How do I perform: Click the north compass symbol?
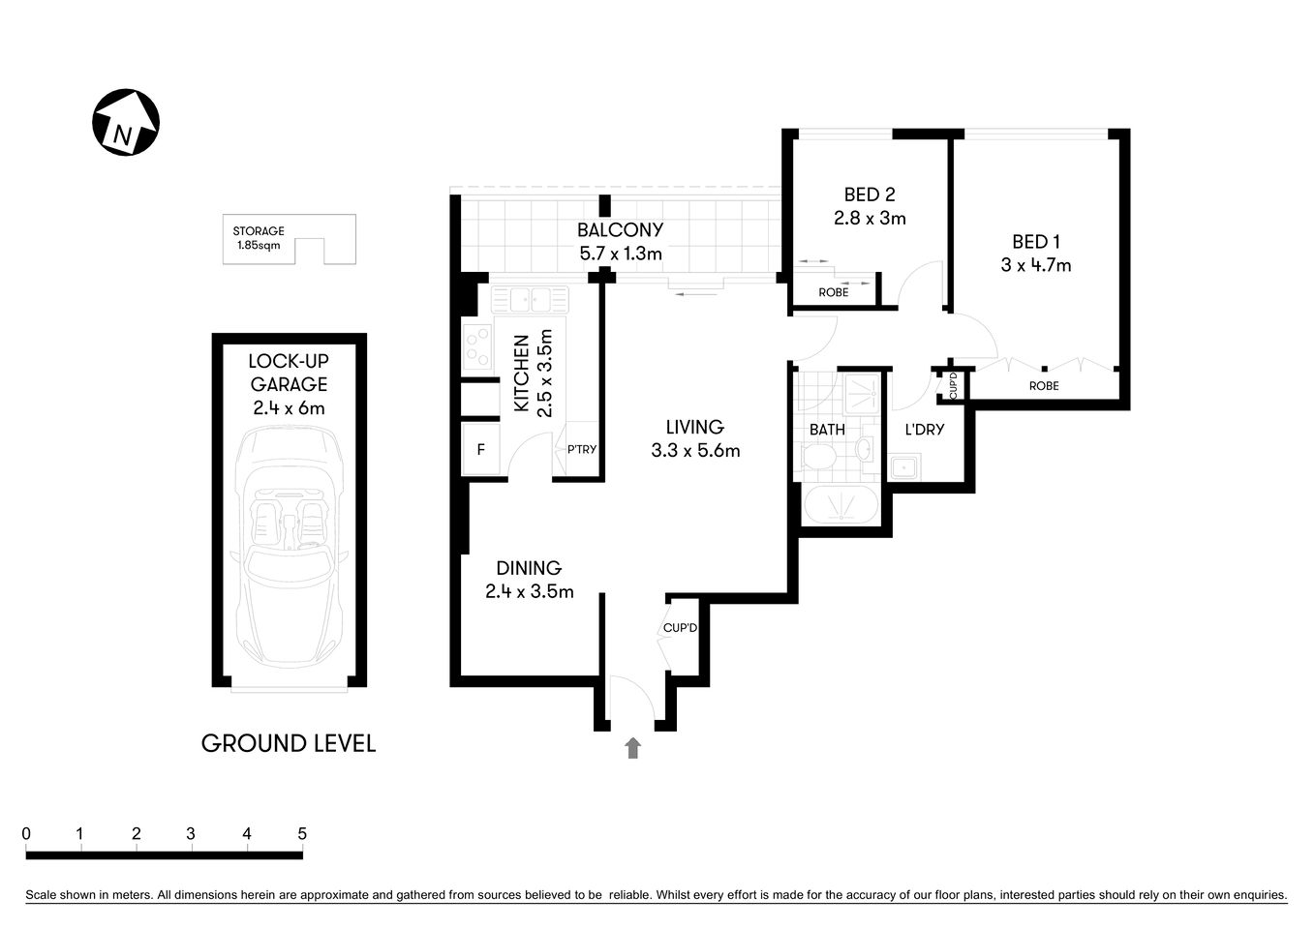pyautogui.click(x=126, y=123)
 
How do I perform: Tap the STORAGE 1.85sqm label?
pyautogui.click(x=259, y=238)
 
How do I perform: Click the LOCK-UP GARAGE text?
pyautogui.click(x=289, y=373)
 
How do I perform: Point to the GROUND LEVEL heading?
pyautogui.click(x=288, y=743)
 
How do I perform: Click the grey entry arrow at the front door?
pyautogui.click(x=633, y=747)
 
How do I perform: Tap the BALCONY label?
pyautogui.click(x=620, y=230)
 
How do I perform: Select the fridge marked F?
pyautogui.click(x=481, y=450)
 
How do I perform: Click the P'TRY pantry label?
pyautogui.click(x=582, y=449)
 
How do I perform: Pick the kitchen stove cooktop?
pyautogui.click(x=478, y=348)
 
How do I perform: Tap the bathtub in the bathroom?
pyautogui.click(x=841, y=506)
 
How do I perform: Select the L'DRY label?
pyautogui.click(x=924, y=429)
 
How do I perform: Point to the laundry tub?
pyautogui.click(x=905, y=469)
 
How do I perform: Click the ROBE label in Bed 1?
pyautogui.click(x=1044, y=386)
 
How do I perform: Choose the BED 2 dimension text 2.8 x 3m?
pyautogui.click(x=870, y=219)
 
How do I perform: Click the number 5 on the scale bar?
pyautogui.click(x=302, y=833)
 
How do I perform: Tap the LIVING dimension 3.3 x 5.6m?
pyautogui.click(x=695, y=450)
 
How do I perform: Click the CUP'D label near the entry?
pyautogui.click(x=680, y=628)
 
